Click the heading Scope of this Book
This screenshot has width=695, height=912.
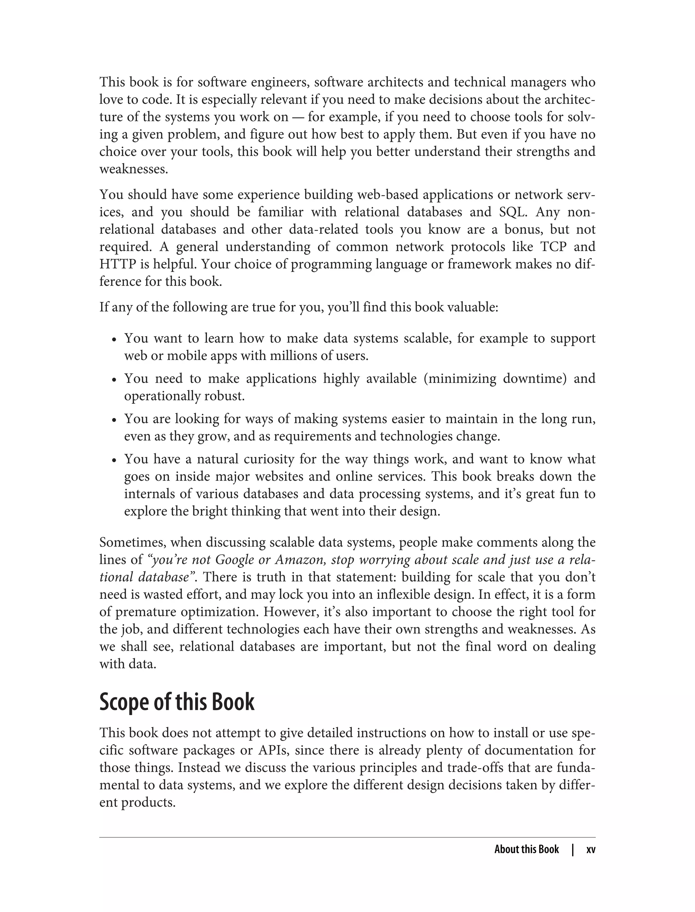tap(177, 702)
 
